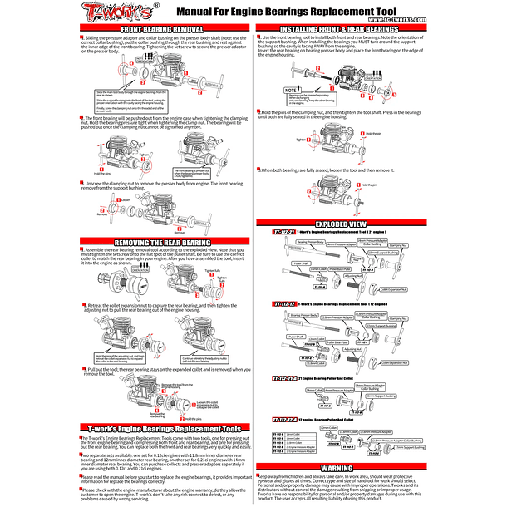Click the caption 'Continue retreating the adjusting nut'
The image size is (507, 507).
[x=204, y=359]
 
